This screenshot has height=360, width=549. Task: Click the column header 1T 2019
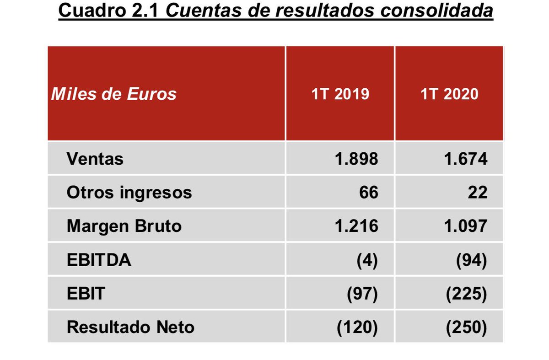340,94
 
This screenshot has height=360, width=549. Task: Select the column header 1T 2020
449,94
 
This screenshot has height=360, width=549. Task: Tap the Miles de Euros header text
114,94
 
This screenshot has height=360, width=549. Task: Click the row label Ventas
95,159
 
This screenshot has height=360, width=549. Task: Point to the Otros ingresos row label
129,193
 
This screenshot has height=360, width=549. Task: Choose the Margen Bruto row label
124,226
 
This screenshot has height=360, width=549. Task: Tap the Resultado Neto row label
130,327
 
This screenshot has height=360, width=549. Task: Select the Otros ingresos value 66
369,193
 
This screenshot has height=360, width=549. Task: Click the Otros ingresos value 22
478,193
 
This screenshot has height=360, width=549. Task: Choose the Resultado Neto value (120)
357,327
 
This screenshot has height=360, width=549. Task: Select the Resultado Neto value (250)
467,327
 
